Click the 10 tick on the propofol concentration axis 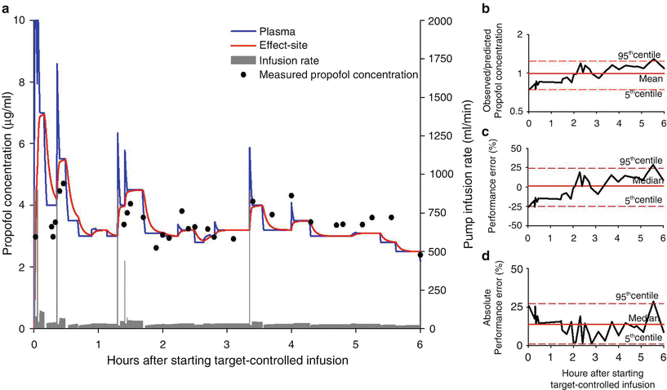(20, 20)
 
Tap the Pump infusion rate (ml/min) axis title (469, 174)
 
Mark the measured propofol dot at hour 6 (420, 255)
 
